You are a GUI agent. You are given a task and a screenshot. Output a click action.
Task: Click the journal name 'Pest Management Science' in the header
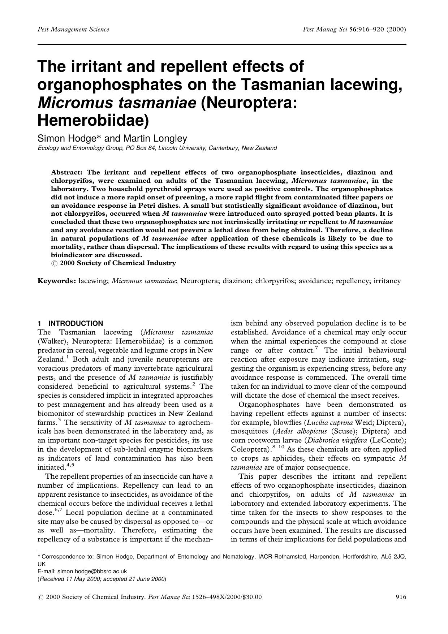(x=73, y=30)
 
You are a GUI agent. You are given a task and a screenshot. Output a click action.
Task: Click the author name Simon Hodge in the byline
(x=68, y=138)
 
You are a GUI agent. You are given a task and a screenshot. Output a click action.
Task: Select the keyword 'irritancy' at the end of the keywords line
(x=387, y=281)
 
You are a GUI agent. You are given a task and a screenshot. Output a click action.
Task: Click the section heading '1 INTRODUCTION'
(x=70, y=323)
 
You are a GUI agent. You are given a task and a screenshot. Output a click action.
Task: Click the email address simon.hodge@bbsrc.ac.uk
(x=92, y=572)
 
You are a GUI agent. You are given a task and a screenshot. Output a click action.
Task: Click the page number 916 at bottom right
(x=401, y=597)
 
